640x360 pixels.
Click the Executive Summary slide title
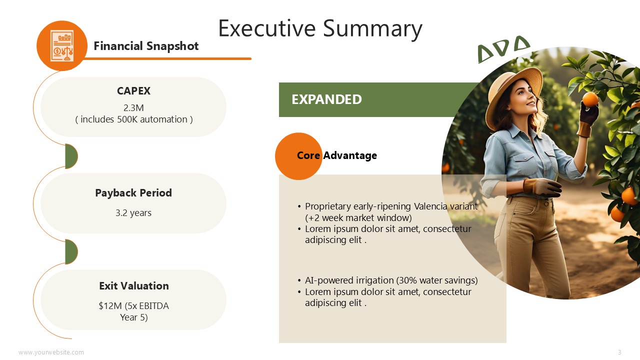point(320,29)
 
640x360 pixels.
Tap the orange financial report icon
point(62,45)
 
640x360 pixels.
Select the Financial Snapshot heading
point(146,46)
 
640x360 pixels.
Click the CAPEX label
point(133,91)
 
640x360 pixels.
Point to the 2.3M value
point(133,108)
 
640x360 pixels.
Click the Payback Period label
point(133,193)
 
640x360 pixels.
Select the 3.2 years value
point(133,213)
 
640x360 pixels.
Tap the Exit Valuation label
point(133,285)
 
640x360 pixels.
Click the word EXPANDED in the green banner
point(326,99)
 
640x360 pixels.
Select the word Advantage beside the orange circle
point(350,155)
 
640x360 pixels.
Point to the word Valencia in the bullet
point(430,206)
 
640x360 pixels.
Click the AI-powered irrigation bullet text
point(391,280)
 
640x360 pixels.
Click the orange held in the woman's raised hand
point(590,99)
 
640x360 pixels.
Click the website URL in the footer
point(51,352)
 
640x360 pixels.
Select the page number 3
point(619,352)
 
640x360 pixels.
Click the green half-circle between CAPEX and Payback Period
point(71,156)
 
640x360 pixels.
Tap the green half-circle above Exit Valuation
point(71,251)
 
